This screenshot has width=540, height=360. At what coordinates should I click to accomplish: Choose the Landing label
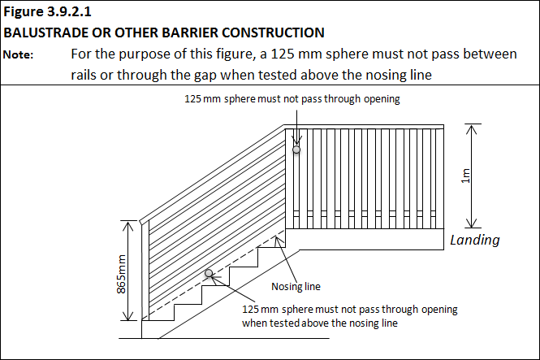click(475, 240)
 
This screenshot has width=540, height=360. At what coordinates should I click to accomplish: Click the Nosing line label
click(295, 286)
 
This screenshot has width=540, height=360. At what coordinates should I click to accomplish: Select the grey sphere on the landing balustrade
click(296, 150)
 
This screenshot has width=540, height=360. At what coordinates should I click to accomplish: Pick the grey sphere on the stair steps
click(210, 274)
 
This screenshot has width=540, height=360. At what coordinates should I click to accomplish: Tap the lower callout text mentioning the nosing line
click(349, 316)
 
